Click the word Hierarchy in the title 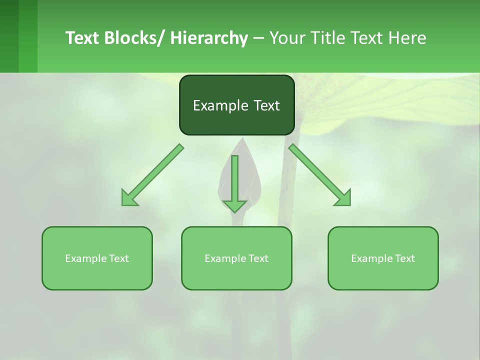(x=209, y=38)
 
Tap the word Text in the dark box (x=266, y=106)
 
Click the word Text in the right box (x=404, y=258)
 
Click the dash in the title (x=258, y=38)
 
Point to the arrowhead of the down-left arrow (x=128, y=199)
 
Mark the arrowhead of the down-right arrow (x=344, y=199)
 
